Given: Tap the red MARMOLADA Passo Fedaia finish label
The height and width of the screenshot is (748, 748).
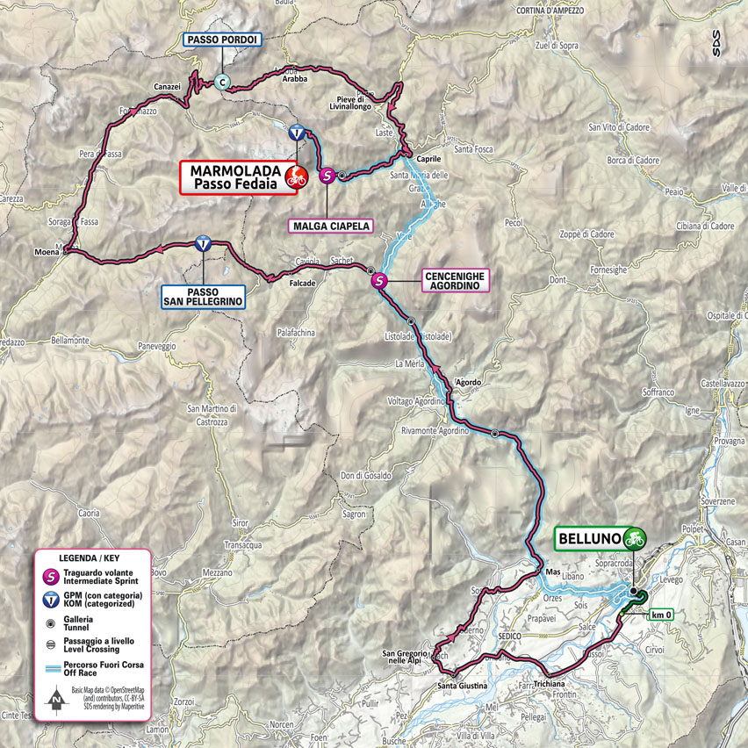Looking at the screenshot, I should (x=234, y=176).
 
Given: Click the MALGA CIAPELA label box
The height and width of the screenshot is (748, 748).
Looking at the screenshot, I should (x=330, y=226).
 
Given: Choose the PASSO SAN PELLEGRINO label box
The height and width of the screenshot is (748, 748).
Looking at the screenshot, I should (x=204, y=294).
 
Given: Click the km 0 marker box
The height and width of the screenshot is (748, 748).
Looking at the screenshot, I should (x=662, y=615).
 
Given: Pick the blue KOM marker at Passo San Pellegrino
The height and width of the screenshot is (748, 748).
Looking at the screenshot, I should (x=203, y=246).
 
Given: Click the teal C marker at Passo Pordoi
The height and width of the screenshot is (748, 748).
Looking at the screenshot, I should (x=222, y=83).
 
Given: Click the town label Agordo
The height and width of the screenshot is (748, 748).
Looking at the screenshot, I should (x=468, y=382).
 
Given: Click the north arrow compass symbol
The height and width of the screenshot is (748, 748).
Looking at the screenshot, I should (x=55, y=701).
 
